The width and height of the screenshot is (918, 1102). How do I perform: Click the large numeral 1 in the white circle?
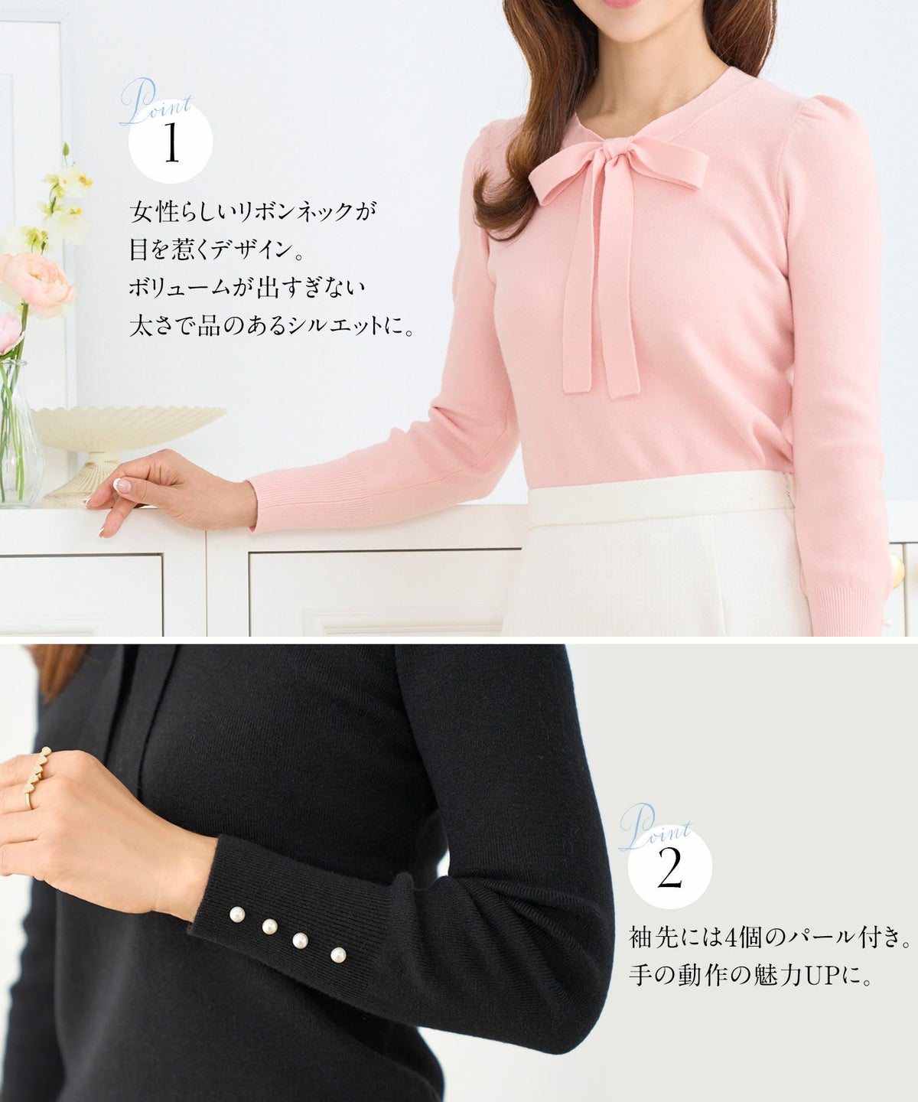(x=171, y=142)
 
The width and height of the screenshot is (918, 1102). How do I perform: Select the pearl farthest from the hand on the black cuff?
(x=338, y=954)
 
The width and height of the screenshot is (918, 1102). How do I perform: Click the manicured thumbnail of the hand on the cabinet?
(x=122, y=484)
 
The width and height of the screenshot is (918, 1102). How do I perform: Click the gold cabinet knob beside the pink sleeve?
(x=898, y=571)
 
